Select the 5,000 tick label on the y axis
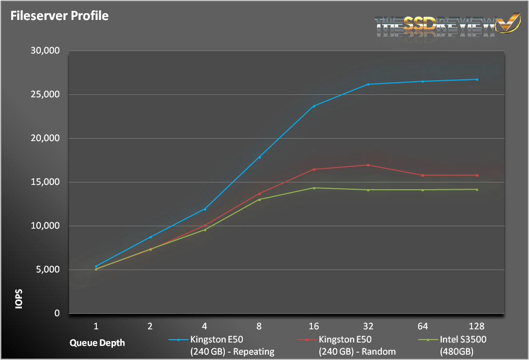click(47, 270)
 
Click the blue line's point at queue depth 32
click(368, 84)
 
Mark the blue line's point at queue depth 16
click(314, 106)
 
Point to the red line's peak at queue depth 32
click(368, 165)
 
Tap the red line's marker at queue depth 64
click(422, 175)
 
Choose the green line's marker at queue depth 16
click(314, 188)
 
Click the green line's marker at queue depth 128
click(477, 189)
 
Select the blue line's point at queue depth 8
click(259, 157)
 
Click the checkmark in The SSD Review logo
click(506, 24)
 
